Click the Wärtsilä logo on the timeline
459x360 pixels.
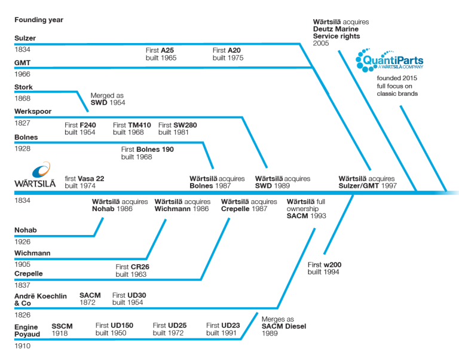(x=35, y=176)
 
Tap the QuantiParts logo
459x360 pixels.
(x=389, y=61)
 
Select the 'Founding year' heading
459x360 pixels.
(x=39, y=20)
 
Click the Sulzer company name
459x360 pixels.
(x=25, y=38)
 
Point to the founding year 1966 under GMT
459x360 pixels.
(x=22, y=74)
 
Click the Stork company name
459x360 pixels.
(x=24, y=87)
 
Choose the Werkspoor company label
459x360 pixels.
(x=33, y=112)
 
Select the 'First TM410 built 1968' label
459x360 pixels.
(x=128, y=129)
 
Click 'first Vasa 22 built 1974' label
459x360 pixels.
(x=84, y=182)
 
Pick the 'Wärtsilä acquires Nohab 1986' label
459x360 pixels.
(x=120, y=206)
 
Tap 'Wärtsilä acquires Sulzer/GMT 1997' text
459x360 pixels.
(x=366, y=182)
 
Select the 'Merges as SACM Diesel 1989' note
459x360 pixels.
(x=281, y=326)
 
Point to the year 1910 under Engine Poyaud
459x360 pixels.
(x=22, y=346)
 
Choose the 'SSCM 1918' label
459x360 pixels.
(x=62, y=330)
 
